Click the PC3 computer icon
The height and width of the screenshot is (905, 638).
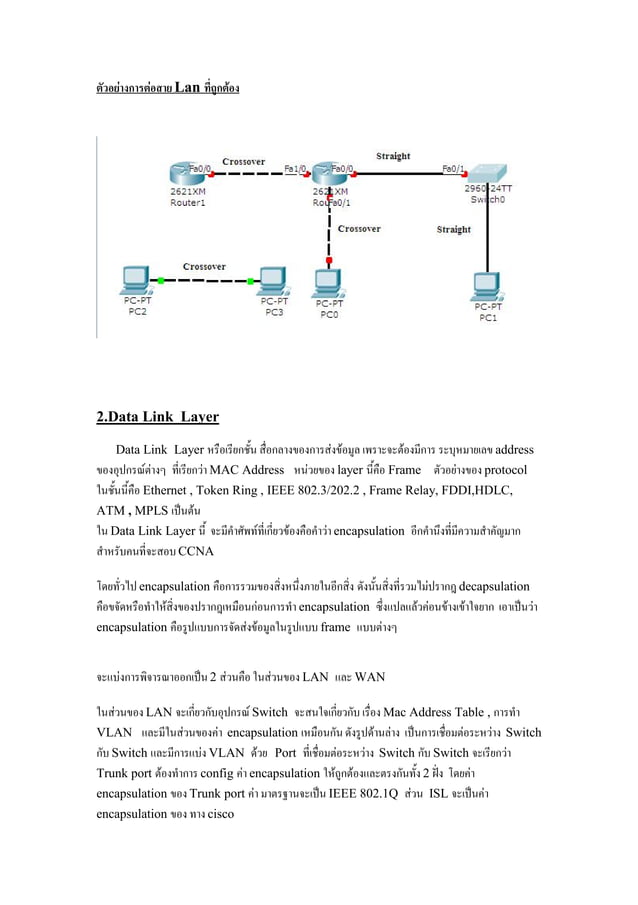point(272,280)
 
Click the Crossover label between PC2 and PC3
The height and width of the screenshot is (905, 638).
point(204,267)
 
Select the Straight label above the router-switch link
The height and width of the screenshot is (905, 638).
point(393,156)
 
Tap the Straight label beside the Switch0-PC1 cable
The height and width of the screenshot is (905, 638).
point(453,229)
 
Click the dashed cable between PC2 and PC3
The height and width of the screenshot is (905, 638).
point(205,281)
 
